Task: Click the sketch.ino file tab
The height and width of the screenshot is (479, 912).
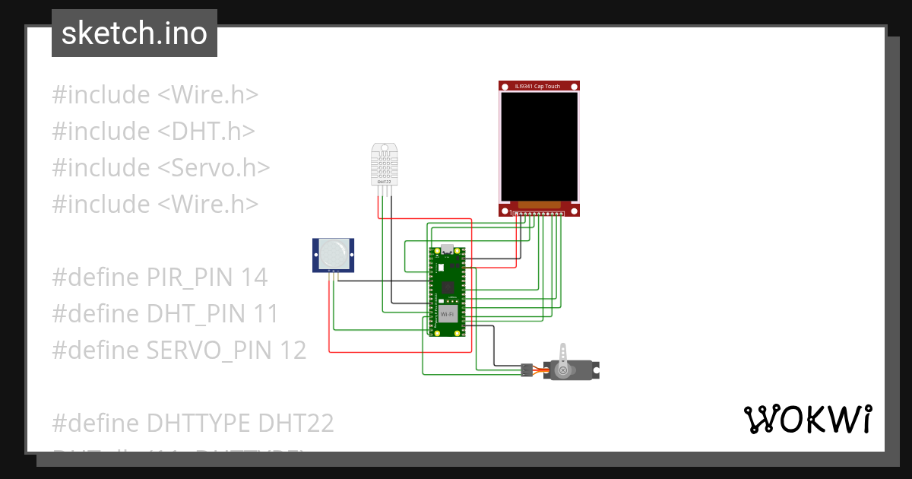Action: [135, 33]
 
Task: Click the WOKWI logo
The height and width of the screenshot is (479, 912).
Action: [807, 419]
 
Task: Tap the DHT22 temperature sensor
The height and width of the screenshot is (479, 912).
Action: [385, 163]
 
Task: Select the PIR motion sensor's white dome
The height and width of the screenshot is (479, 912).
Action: [334, 253]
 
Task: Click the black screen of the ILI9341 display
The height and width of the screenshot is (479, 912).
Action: [539, 145]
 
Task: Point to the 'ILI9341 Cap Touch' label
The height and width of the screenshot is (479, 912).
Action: [538, 87]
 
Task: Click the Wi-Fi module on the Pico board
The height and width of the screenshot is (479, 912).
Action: [448, 313]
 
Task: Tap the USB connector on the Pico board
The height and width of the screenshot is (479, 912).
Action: [448, 249]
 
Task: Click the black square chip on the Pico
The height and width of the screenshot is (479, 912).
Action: [448, 287]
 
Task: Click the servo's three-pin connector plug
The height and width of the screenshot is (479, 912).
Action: [526, 370]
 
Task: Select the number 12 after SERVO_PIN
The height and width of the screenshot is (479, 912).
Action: [293, 351]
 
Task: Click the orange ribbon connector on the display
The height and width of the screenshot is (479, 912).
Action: [539, 205]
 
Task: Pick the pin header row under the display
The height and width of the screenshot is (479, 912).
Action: [539, 214]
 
